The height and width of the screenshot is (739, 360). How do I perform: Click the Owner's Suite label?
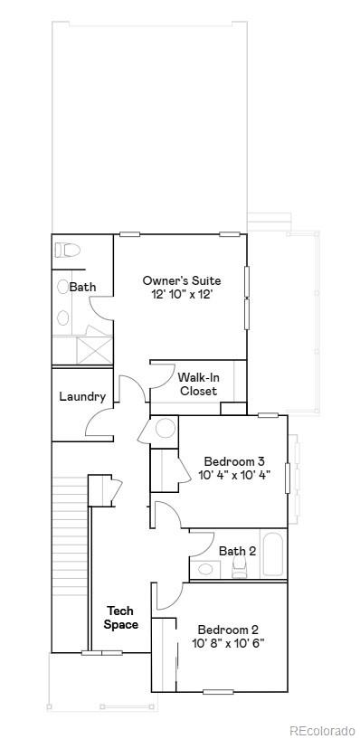point(181,280)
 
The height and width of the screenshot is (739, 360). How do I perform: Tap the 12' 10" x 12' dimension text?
point(181,295)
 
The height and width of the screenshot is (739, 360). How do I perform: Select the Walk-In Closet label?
point(197,384)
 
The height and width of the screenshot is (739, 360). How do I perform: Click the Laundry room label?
point(82,396)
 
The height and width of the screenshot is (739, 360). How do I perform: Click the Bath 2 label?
point(237,550)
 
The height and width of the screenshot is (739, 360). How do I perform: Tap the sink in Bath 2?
point(207,569)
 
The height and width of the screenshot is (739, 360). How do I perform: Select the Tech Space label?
point(120,618)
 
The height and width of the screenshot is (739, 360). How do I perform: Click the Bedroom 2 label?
point(228,630)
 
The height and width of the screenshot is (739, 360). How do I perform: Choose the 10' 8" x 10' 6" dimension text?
point(228,644)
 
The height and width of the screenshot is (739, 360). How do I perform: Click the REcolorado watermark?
point(321,730)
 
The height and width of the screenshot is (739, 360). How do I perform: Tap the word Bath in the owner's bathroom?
point(82,287)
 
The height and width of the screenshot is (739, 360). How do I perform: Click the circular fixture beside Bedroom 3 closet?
point(166,428)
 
